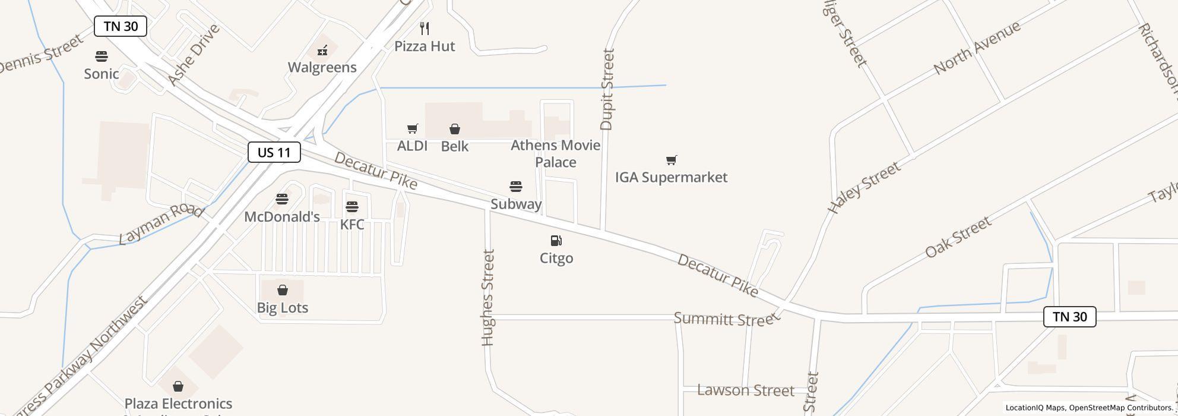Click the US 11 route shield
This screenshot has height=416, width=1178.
pos(274,152)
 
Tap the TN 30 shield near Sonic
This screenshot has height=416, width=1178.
pos(121,26)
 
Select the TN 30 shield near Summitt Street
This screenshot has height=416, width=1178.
pos(1069,317)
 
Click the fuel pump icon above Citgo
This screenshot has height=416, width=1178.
pos(556,241)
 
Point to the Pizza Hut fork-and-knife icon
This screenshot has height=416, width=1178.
pos(425,29)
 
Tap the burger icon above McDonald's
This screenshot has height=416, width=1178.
pos(282,199)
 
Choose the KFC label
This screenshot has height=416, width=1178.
pos(352,225)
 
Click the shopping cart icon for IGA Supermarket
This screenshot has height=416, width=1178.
pos(671,160)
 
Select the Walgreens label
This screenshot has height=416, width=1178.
pos(322,67)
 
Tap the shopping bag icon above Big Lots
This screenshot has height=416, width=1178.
pos(283,290)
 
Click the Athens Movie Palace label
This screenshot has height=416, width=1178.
pos(555,153)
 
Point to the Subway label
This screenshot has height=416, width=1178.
pos(516,204)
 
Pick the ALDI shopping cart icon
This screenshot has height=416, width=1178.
pos(413,128)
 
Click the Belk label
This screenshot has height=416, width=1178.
pos(455,146)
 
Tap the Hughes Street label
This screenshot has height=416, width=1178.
pos(488,297)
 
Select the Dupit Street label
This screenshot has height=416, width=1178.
pos(607,89)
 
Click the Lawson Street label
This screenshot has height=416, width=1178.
pos(746,390)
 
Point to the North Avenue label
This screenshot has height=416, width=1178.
pos(977,48)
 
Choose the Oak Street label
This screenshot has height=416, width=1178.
pos(958,237)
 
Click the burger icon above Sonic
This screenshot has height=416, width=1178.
pos(102,56)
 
